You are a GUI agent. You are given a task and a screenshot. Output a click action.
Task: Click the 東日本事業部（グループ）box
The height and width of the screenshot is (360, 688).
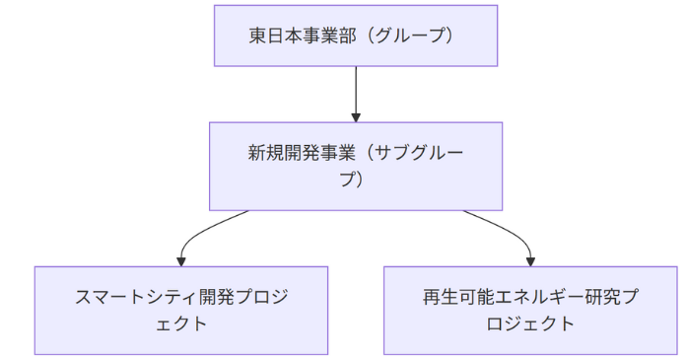356,36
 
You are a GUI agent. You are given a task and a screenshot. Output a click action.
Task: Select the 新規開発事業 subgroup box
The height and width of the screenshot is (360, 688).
356,166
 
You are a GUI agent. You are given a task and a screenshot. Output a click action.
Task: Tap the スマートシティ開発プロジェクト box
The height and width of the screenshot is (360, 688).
181,310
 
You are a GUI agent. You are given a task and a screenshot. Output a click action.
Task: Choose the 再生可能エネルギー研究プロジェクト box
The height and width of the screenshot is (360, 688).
530,310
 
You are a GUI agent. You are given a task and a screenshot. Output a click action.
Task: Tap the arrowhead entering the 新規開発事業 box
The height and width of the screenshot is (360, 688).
356,115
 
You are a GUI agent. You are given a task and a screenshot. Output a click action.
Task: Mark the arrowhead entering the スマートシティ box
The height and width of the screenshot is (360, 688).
181,260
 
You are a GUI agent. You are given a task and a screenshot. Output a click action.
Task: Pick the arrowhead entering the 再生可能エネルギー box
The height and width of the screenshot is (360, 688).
530,260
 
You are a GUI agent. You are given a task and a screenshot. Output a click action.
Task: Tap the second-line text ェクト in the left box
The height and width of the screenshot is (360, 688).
181,323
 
